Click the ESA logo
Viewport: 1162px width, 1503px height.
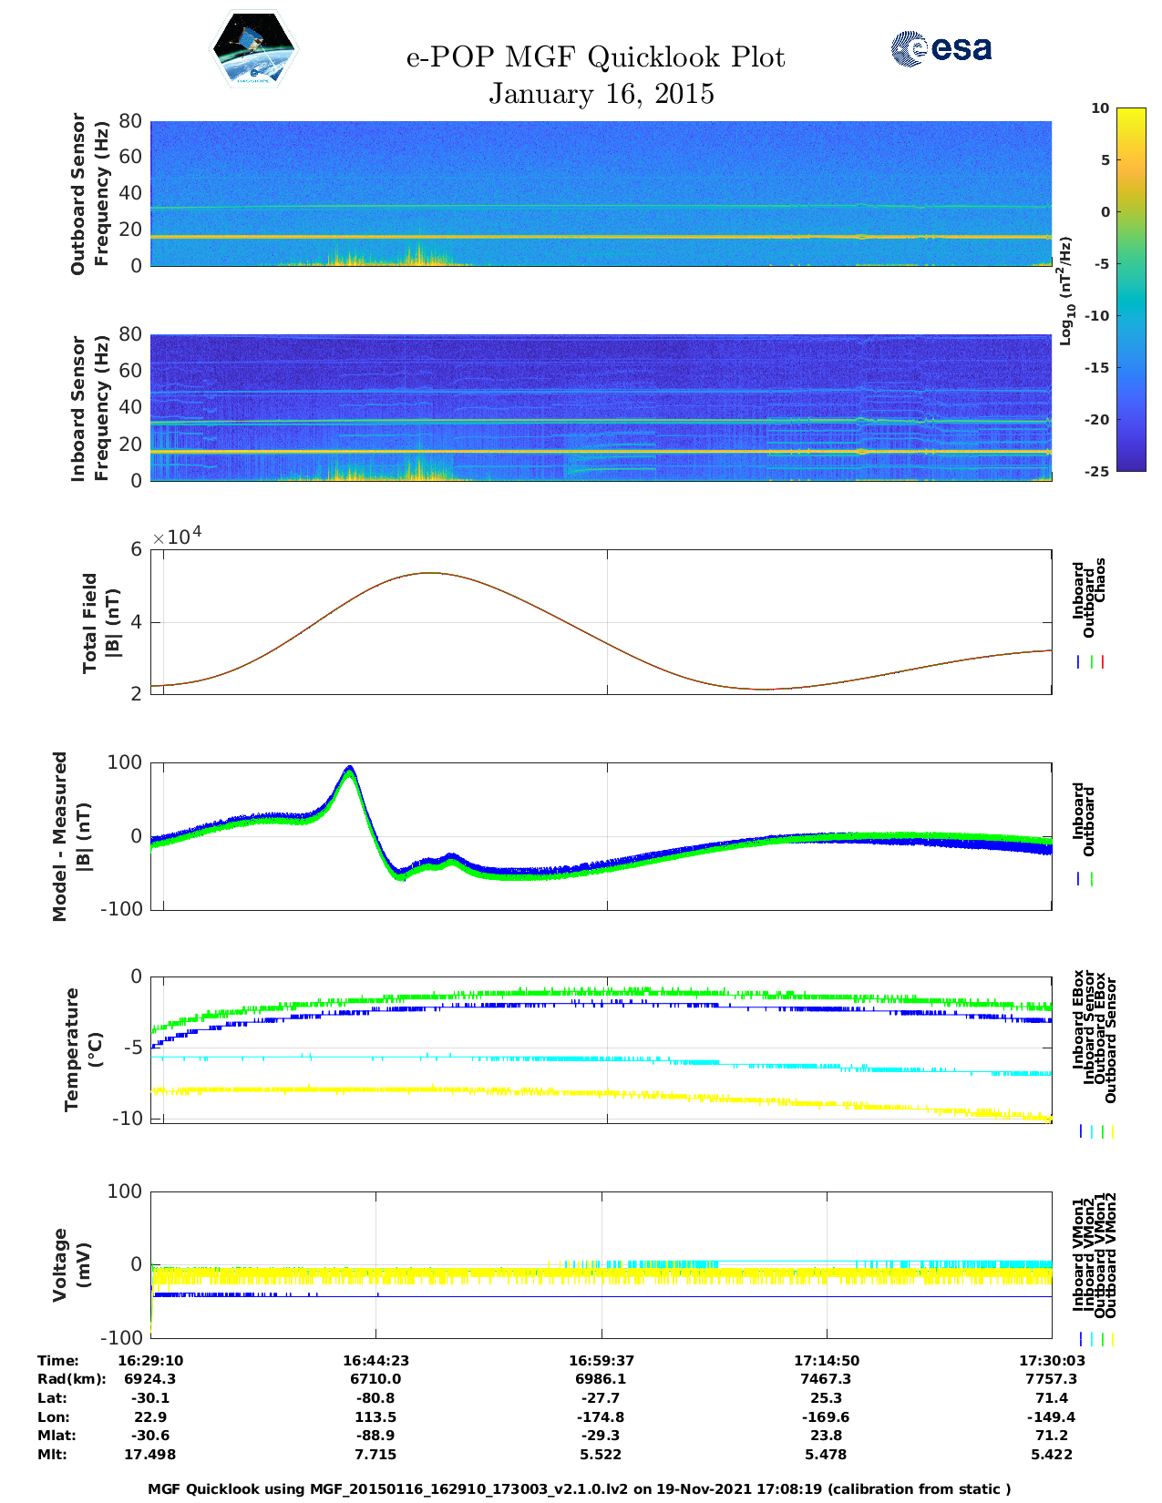click(941, 48)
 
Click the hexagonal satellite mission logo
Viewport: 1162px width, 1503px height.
click(254, 50)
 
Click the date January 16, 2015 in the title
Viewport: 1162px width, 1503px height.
click(601, 94)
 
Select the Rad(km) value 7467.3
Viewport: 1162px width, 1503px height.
click(826, 1379)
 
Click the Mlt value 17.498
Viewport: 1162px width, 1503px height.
click(150, 1455)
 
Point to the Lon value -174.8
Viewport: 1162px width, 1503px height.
click(601, 1417)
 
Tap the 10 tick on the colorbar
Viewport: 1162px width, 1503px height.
click(1100, 108)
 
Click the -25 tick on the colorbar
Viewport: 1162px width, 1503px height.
click(1097, 471)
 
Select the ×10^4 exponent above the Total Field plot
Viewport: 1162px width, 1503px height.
click(177, 537)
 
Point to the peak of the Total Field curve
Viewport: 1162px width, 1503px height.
click(429, 573)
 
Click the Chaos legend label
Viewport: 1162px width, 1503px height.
click(1100, 580)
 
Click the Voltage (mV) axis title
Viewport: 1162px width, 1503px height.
click(73, 1264)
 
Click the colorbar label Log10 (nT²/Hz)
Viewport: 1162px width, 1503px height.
click(1064, 291)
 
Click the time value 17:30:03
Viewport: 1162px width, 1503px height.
click(1052, 1361)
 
